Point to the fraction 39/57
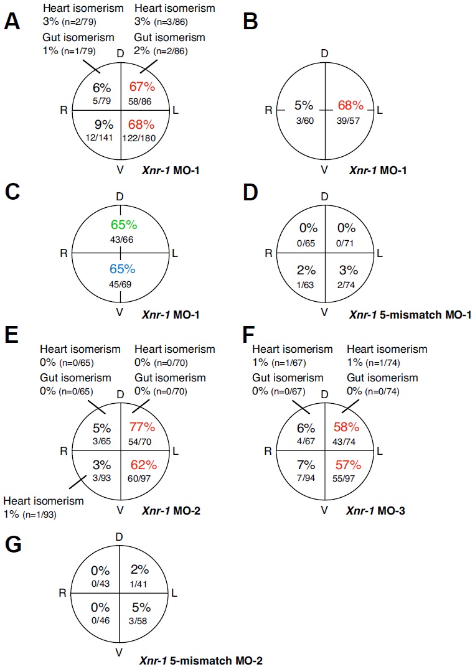tap(350, 120)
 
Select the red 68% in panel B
tap(350, 104)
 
